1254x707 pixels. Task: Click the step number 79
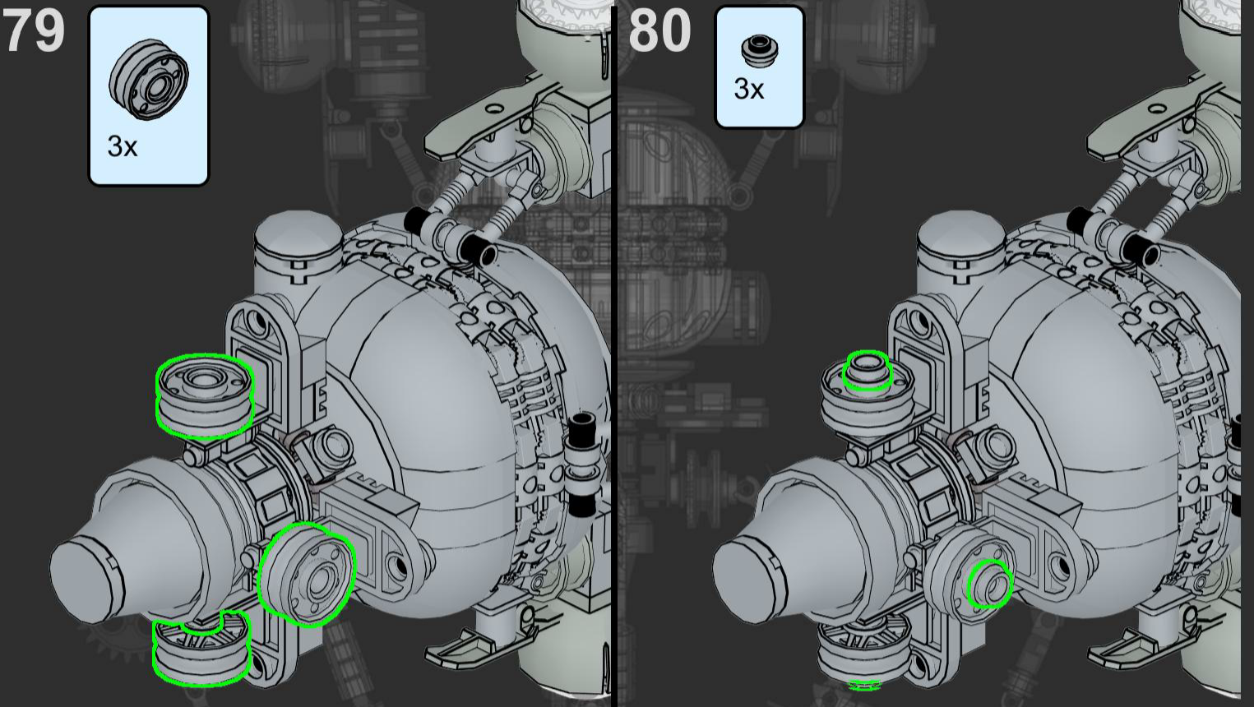click(x=34, y=30)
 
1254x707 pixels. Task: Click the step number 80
click(x=660, y=30)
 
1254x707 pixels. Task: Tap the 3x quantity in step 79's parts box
click(x=122, y=146)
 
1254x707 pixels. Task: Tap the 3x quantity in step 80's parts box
click(x=749, y=89)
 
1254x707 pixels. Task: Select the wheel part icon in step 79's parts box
click(x=148, y=78)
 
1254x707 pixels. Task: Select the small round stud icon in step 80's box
click(x=760, y=51)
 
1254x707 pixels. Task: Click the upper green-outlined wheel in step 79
click(x=204, y=395)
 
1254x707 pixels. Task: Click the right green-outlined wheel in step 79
click(x=306, y=575)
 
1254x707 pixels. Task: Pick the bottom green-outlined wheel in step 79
click(x=201, y=649)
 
